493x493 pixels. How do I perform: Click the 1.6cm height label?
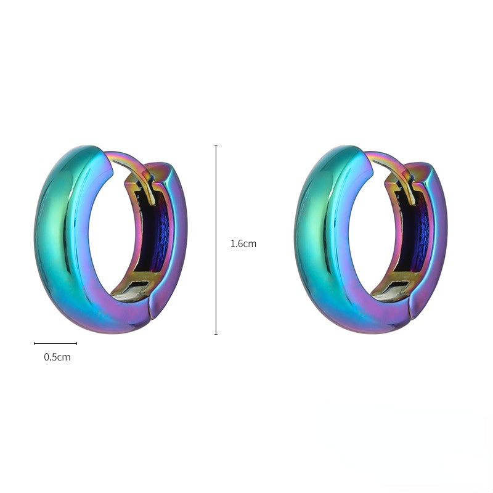pos(243,244)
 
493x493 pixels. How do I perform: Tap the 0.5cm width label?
pos(57,357)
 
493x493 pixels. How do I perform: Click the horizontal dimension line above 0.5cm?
pos(55,343)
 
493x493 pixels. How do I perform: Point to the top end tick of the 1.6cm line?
pos(216,145)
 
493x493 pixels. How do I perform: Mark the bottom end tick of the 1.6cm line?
pos(216,334)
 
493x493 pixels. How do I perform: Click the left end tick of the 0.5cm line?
pos(35,343)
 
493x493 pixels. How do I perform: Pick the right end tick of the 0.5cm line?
pos(76,343)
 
